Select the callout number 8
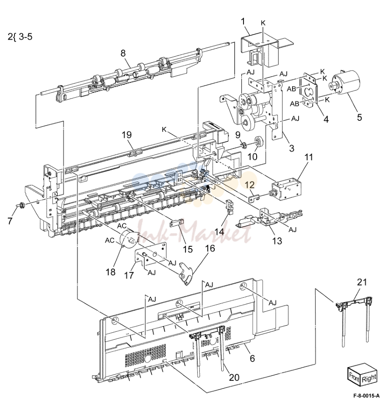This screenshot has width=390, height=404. tap(123, 53)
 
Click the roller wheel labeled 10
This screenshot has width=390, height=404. tap(257, 141)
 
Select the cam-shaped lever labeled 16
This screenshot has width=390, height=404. tap(185, 274)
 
